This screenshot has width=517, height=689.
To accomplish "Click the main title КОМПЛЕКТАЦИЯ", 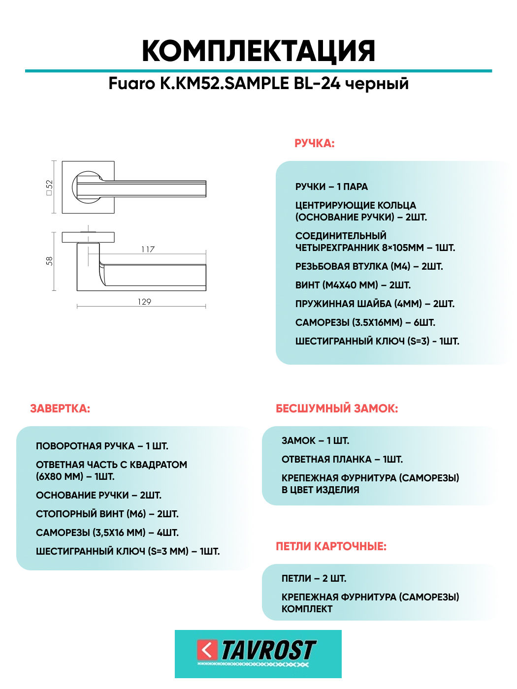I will click(x=258, y=51).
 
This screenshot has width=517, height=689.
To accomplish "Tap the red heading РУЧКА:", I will click(x=314, y=143).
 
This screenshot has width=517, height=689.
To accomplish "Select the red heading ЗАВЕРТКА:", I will click(x=60, y=408).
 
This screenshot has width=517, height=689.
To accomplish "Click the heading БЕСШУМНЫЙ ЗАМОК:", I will click(x=337, y=408).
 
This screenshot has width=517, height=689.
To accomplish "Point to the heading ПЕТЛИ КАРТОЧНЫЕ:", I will click(x=331, y=546).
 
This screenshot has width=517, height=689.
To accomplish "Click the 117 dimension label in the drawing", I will click(x=148, y=250).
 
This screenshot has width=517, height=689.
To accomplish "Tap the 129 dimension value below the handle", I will click(x=144, y=302).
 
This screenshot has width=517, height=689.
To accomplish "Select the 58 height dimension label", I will click(x=49, y=261).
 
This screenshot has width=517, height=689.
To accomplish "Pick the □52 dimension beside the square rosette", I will click(x=49, y=188).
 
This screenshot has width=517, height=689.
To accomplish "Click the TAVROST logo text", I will click(x=268, y=650).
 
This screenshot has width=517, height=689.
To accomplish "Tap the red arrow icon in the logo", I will click(x=207, y=650).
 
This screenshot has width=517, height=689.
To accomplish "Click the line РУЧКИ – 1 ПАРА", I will click(x=331, y=187).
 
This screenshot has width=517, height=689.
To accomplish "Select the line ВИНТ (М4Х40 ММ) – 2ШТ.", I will click(x=353, y=285).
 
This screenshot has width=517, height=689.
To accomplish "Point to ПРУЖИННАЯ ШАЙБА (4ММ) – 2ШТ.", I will click(x=375, y=304).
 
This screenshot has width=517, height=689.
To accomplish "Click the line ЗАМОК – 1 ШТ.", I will click(x=315, y=440).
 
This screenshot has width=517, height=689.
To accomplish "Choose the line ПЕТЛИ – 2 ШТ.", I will click(x=314, y=578).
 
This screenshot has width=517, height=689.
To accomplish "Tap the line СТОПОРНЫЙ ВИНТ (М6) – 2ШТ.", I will click(x=107, y=514).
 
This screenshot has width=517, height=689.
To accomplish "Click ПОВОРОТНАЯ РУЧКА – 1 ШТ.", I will click(x=102, y=446).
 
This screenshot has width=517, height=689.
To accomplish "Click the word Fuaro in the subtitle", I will click(x=131, y=84).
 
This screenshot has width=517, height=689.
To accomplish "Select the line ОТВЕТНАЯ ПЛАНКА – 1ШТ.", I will click(x=342, y=459).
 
